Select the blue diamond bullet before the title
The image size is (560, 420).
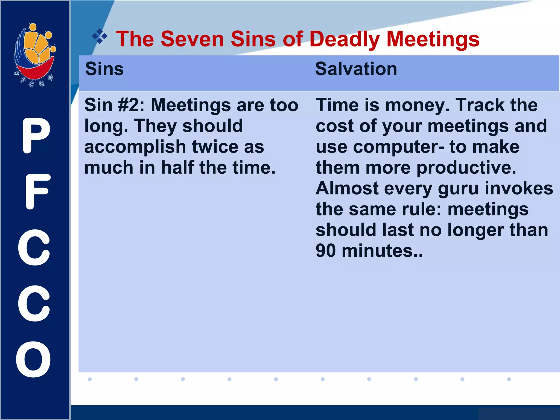100,36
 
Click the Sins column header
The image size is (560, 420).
104,69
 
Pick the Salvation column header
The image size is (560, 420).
356,69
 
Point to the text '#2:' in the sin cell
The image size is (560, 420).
131,105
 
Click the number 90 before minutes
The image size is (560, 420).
325,251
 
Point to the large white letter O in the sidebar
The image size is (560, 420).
34,359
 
